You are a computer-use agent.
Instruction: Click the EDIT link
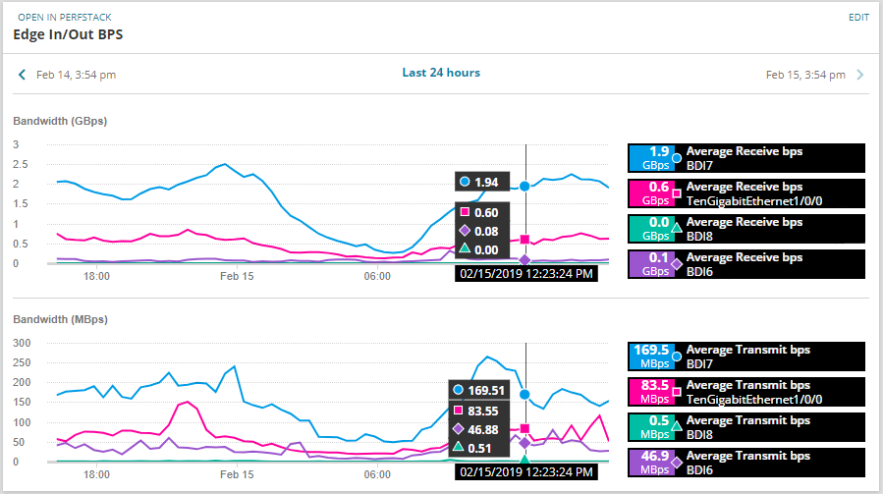pos(858,18)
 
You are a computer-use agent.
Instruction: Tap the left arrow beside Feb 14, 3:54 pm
pos(22,75)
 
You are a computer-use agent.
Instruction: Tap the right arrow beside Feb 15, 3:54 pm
pos(859,75)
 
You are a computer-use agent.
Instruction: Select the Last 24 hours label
pos(441,73)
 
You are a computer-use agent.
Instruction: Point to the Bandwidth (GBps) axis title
pos(60,121)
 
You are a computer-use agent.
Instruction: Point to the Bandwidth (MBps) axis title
pos(60,319)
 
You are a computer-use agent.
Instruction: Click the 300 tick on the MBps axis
pos(22,343)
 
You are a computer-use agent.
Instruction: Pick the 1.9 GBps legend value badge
pos(649,157)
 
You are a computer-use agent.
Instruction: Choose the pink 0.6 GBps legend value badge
pos(649,192)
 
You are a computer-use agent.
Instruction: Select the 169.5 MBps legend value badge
pos(649,356)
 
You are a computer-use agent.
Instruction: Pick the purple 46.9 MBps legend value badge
pos(649,462)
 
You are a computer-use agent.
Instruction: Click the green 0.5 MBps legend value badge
pos(649,426)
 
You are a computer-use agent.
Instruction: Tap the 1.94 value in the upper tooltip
pos(486,183)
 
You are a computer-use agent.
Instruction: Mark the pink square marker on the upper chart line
pos(525,240)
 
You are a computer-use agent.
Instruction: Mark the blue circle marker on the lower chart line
pos(525,394)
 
